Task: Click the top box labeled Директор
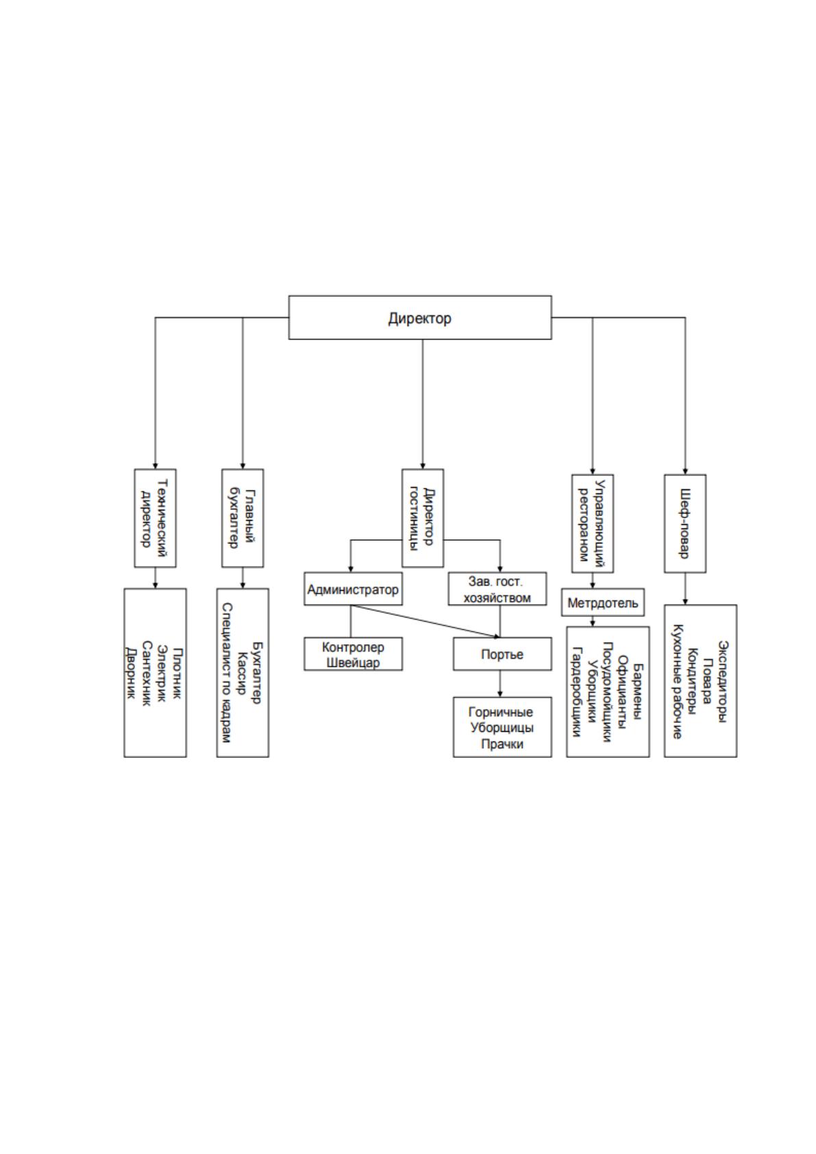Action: point(420,317)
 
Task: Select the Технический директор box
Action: point(155,518)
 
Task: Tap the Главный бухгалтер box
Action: point(243,518)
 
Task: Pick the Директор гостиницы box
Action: point(423,518)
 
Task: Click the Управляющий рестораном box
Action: point(593,524)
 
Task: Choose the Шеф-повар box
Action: point(685,524)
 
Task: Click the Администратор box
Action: point(353,589)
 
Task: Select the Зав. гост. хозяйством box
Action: point(497,589)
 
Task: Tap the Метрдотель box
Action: point(603,602)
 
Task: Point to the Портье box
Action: point(502,654)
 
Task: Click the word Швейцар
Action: point(353,663)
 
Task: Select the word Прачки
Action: point(502,744)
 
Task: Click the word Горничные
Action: point(501,712)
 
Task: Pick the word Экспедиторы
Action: point(724,682)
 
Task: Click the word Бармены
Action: point(638,692)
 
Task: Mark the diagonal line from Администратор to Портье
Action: point(425,621)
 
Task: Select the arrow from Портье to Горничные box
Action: point(499,684)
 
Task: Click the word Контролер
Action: point(353,647)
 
